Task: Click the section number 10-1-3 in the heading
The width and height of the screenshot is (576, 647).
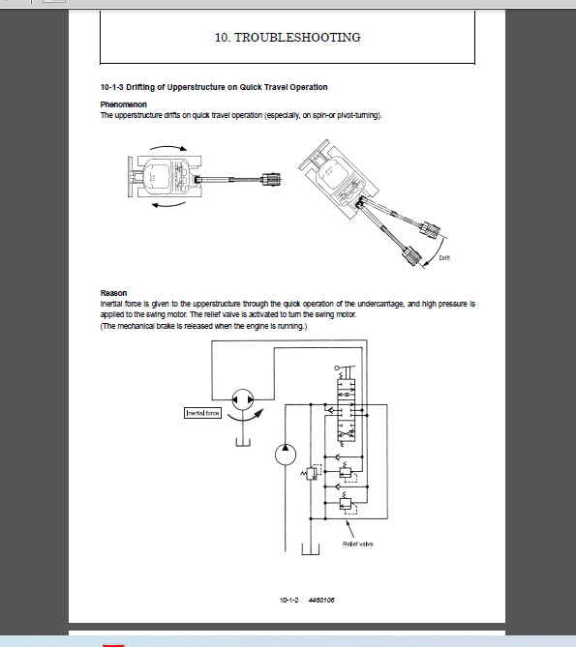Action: (116, 88)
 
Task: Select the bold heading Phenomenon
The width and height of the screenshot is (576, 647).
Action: (123, 103)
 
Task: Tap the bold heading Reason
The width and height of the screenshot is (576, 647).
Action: (113, 293)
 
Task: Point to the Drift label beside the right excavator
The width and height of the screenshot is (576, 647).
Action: (444, 257)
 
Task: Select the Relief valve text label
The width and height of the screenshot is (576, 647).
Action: (356, 544)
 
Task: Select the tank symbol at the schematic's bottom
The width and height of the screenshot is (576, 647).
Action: (310, 552)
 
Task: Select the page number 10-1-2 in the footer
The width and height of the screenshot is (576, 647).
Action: (288, 602)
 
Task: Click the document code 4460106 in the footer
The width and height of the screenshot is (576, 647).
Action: (321, 602)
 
